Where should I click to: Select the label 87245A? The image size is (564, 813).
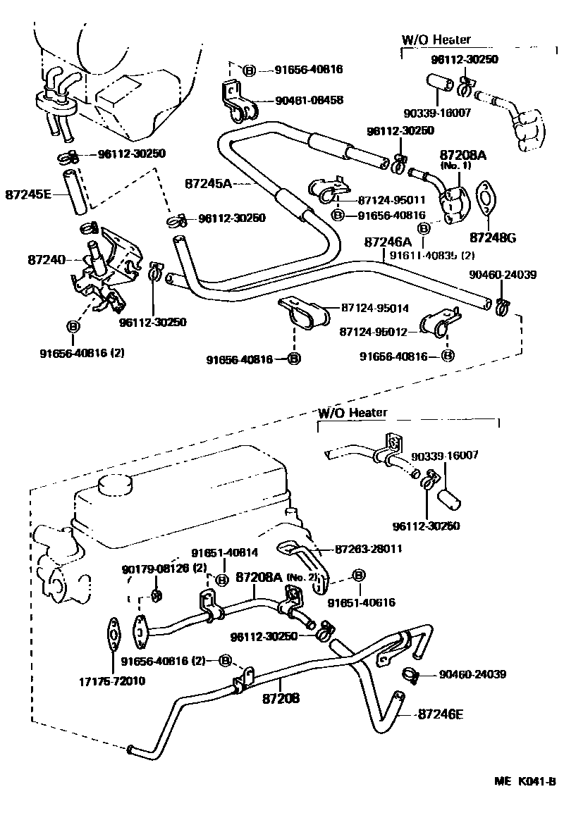click(209, 183)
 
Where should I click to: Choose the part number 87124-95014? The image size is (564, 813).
click(375, 308)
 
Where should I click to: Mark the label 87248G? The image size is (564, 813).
click(493, 237)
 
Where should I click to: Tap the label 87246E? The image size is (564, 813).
click(441, 714)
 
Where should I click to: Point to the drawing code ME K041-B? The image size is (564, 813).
click(525, 781)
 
